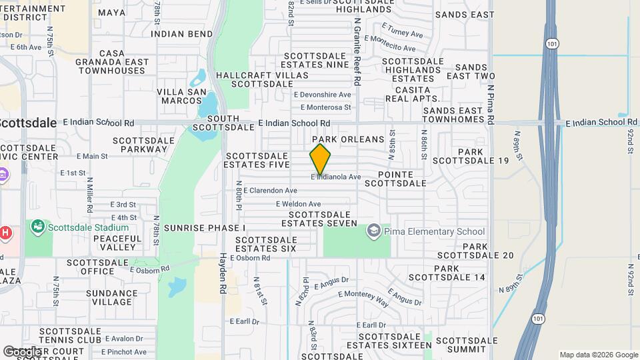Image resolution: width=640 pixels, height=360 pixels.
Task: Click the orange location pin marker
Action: (x=320, y=159)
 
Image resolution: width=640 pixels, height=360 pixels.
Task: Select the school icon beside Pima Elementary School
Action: (x=373, y=231)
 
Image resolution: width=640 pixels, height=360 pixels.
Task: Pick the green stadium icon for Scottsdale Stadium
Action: (x=38, y=227)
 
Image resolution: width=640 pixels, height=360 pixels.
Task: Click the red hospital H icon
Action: (x=5, y=233)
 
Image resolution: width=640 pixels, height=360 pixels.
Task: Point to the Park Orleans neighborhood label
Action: (x=353, y=139)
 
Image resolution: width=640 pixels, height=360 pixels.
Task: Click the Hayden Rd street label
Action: (x=223, y=273)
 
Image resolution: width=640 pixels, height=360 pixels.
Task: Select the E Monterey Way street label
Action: (x=363, y=299)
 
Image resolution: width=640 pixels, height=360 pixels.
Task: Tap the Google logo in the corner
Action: (x=21, y=351)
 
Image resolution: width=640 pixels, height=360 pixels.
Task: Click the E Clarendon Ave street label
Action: (x=270, y=190)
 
